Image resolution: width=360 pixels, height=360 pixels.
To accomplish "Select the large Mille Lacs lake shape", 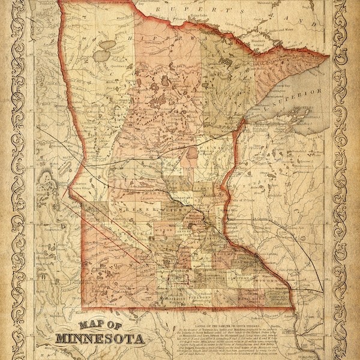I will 191,153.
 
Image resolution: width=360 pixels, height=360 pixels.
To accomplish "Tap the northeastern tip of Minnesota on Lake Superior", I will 327,56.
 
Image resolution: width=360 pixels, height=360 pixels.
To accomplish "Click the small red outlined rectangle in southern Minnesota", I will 180,278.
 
